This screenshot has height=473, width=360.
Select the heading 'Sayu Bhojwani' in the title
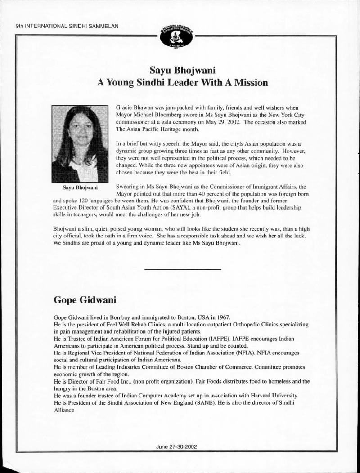180,71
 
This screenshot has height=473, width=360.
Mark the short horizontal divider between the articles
183,269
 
